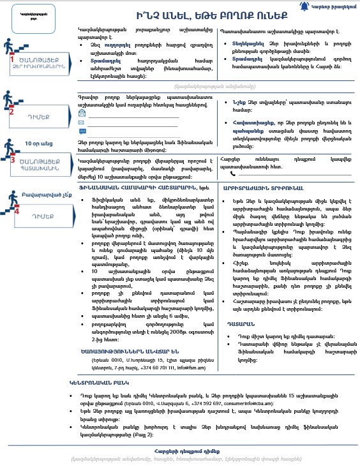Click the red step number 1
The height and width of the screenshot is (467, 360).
pos(11,59)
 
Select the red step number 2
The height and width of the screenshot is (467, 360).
pos(11,112)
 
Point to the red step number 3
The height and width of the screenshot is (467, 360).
pos(11,159)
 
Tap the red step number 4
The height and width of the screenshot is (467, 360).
pos(17,209)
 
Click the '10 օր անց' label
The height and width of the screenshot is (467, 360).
pos(38,144)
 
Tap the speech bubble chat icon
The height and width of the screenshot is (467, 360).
pos(82,131)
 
